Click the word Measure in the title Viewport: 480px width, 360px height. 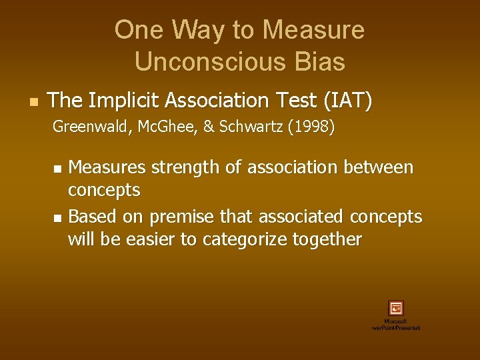point(313,30)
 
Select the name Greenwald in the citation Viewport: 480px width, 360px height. point(85,127)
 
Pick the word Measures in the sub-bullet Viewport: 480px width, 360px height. point(107,167)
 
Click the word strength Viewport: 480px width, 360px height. point(183,167)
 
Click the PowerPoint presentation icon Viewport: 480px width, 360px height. point(396,308)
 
